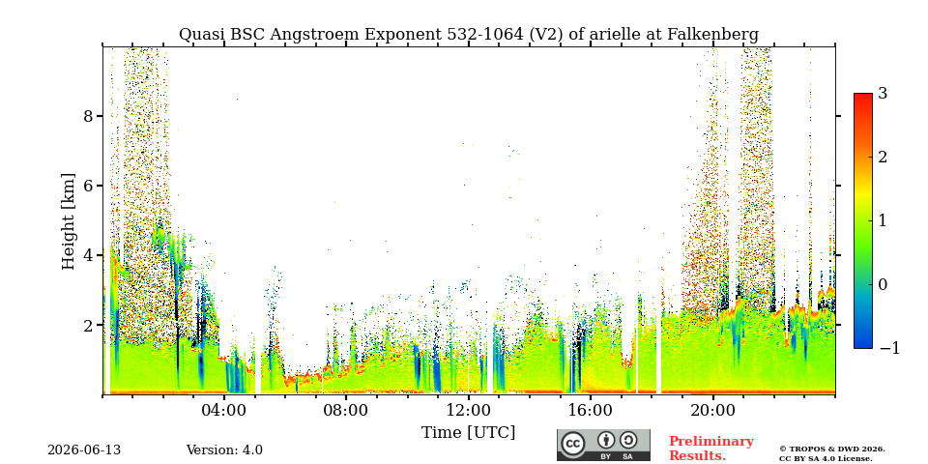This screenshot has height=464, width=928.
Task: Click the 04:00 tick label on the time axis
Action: pyautogui.click(x=224, y=410)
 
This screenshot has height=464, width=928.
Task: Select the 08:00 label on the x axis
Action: pyautogui.click(x=346, y=410)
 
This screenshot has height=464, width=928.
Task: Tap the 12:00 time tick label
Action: pyautogui.click(x=468, y=410)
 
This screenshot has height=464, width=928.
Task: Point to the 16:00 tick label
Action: pyautogui.click(x=590, y=410)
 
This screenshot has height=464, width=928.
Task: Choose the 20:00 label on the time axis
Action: pyautogui.click(x=712, y=410)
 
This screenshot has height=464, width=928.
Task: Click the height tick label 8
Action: pyautogui.click(x=89, y=116)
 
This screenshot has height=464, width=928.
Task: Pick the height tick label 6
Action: pyautogui.click(x=89, y=186)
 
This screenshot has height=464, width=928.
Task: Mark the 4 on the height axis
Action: pyautogui.click(x=89, y=255)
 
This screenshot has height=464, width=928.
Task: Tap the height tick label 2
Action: pyautogui.click(x=89, y=326)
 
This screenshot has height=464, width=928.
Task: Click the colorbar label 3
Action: pyautogui.click(x=883, y=94)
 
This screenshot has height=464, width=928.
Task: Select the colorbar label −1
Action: pyautogui.click(x=889, y=348)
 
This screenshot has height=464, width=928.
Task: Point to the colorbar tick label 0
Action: pyautogui.click(x=883, y=284)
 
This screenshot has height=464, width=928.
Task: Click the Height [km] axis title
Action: pyautogui.click(x=70, y=221)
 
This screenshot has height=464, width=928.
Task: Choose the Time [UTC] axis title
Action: pyautogui.click(x=468, y=433)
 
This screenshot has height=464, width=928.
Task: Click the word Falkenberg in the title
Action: pyautogui.click(x=713, y=35)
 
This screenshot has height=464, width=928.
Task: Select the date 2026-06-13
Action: pyautogui.click(x=84, y=450)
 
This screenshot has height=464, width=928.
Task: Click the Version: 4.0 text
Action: pyautogui.click(x=224, y=450)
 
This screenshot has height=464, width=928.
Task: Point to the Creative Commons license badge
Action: pyautogui.click(x=603, y=445)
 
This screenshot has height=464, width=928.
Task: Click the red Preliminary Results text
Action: pyautogui.click(x=711, y=449)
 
